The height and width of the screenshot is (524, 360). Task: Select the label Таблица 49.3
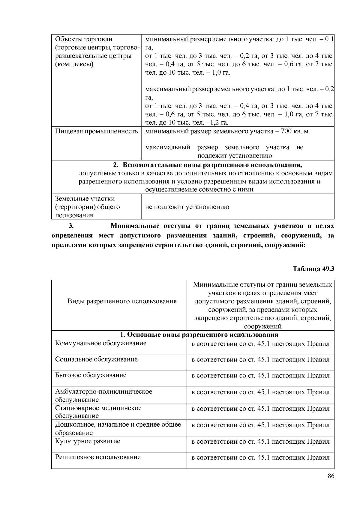[313, 269]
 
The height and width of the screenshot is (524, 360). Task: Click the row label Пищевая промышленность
[96, 131]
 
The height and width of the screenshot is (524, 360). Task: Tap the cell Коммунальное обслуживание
[101, 343]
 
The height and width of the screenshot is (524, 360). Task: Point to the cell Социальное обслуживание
[96, 359]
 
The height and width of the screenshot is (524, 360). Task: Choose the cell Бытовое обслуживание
[91, 375]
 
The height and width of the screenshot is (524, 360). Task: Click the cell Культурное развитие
[88, 441]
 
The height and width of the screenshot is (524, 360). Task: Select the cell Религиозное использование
[98, 457]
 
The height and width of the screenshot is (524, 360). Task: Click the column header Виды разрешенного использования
[122, 301]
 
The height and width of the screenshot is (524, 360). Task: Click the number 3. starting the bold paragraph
[71, 225]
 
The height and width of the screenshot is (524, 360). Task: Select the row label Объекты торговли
[84, 39]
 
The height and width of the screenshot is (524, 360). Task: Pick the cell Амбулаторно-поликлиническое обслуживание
[103, 395]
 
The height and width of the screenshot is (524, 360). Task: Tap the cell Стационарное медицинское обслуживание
[98, 412]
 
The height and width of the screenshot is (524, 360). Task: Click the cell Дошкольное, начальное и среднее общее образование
[118, 428]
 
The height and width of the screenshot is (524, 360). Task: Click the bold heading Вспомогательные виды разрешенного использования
[212, 165]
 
